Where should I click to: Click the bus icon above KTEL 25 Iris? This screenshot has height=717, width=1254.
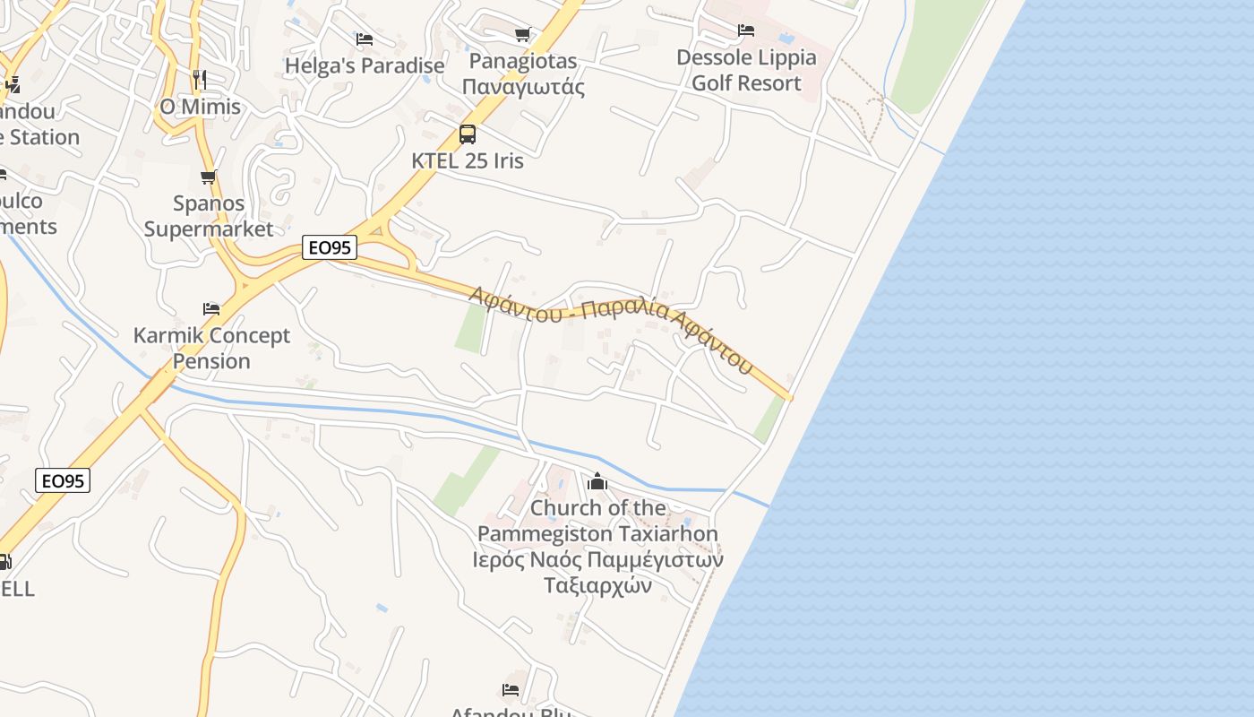[468, 134]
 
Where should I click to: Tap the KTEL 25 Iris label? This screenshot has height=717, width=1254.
[468, 161]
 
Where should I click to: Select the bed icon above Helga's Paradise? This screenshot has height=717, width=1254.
[365, 39]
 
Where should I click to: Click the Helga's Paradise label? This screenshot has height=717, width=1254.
[365, 66]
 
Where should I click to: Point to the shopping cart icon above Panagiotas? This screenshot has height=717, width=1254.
[523, 35]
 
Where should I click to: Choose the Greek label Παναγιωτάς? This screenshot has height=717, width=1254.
[524, 88]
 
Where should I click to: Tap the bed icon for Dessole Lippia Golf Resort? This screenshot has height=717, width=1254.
[746, 30]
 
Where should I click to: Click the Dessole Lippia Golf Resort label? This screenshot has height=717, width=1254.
[746, 70]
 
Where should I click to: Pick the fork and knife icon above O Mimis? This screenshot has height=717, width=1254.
[200, 80]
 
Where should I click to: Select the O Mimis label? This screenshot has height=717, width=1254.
[200, 107]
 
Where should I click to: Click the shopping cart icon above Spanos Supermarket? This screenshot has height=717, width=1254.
[209, 177]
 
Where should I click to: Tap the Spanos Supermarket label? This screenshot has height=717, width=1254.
[209, 216]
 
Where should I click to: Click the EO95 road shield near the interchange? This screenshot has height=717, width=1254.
[331, 247]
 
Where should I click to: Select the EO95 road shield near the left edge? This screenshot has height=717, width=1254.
[64, 481]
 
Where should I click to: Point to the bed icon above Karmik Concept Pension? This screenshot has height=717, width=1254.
[211, 309]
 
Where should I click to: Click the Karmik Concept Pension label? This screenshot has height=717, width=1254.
[211, 349]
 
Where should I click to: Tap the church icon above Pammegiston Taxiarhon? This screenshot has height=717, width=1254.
[597, 482]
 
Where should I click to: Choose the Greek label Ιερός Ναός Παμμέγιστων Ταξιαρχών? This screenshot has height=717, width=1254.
[598, 573]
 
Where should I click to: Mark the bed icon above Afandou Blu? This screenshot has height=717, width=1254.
[511, 690]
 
